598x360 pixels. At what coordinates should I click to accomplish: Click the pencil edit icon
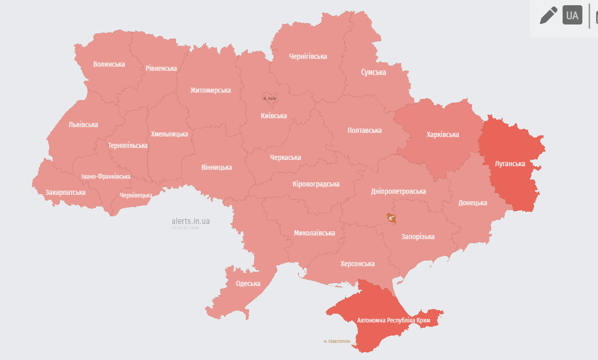coord(549,15)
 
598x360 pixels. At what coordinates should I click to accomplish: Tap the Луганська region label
coord(510,164)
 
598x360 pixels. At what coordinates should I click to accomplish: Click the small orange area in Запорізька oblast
coord(391,218)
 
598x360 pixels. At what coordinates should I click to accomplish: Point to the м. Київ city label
coord(269,98)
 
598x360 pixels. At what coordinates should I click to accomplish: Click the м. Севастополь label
coord(337,342)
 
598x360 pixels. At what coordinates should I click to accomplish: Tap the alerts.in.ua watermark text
coord(191,221)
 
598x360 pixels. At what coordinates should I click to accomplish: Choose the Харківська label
coord(443,134)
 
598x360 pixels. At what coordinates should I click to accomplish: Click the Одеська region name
coord(248,283)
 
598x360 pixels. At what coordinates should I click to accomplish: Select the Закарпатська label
coord(66,192)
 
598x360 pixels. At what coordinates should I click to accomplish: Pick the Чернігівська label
coord(308,56)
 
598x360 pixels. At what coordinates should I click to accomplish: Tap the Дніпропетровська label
coord(398,191)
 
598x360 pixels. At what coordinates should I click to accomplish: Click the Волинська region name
coord(109,64)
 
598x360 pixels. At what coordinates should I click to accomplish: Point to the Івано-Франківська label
coord(106,177)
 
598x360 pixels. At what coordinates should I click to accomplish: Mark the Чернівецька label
coord(136,195)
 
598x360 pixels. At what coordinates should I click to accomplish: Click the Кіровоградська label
coord(316,184)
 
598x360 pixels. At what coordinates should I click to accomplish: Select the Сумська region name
coord(373,72)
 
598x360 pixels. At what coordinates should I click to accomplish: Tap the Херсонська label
coord(357,264)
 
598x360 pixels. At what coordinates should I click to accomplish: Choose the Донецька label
coord(473,203)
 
